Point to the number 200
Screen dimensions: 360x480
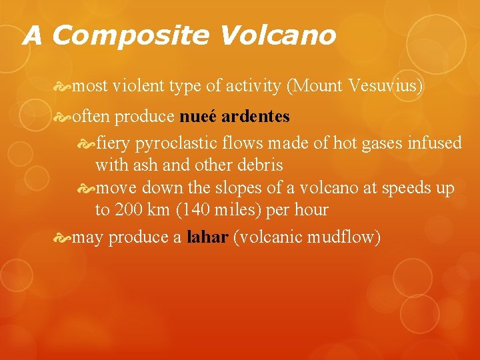click(129, 210)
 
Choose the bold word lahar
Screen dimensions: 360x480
click(208, 237)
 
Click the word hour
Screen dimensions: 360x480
click(312, 210)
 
